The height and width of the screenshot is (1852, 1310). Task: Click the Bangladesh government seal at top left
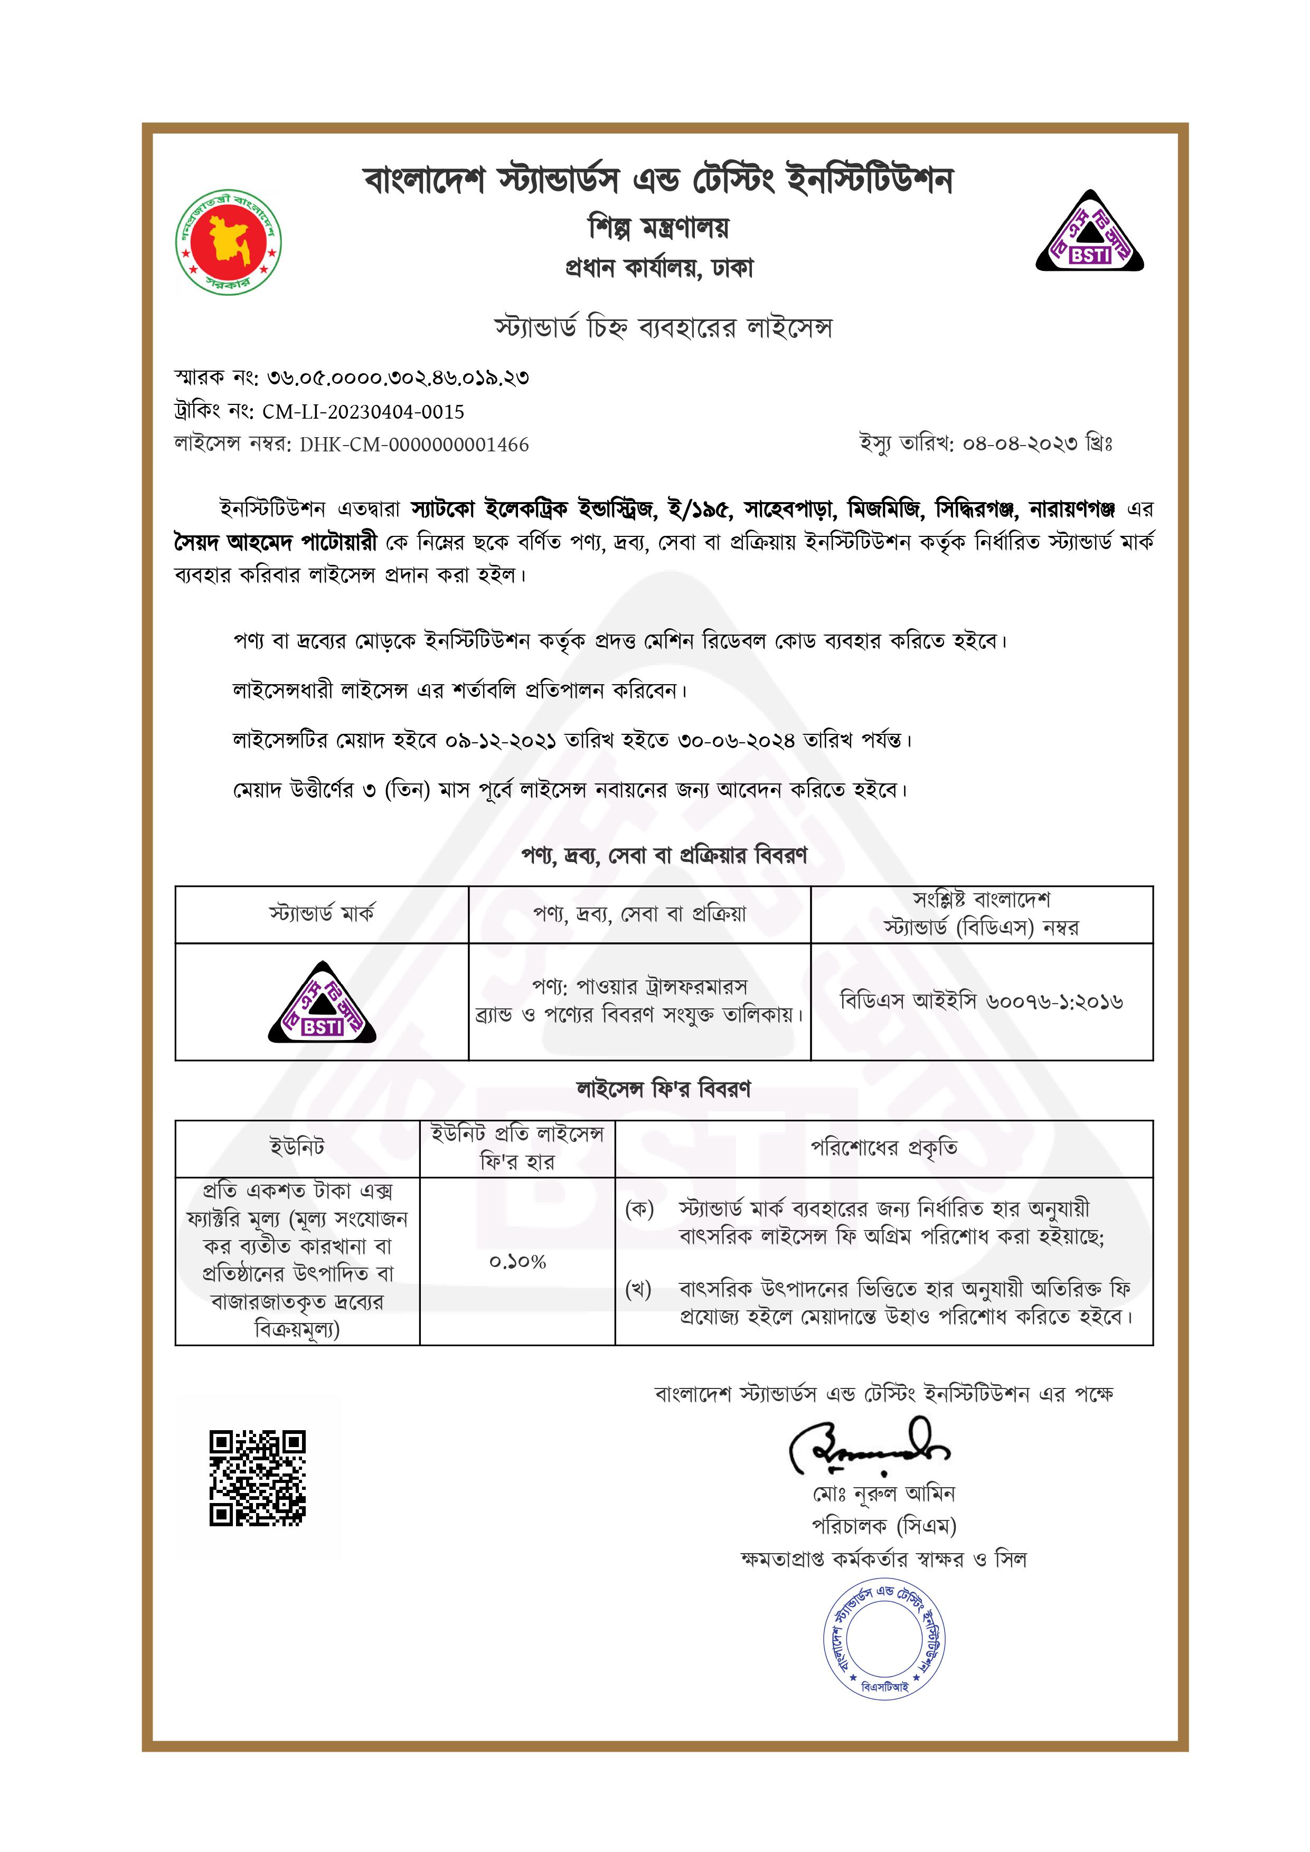(x=228, y=242)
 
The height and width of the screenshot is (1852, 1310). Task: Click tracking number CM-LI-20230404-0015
(x=363, y=412)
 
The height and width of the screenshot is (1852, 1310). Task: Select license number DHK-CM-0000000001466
(x=414, y=445)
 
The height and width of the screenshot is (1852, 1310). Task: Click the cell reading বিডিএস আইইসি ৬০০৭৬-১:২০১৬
(x=981, y=1002)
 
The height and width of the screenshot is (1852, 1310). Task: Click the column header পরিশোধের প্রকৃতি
(x=883, y=1148)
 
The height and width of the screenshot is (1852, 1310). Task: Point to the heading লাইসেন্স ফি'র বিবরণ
(x=663, y=1090)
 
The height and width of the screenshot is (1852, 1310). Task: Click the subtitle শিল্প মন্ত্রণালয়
(x=658, y=228)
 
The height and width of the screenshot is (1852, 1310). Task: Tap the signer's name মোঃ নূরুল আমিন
(x=883, y=1494)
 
